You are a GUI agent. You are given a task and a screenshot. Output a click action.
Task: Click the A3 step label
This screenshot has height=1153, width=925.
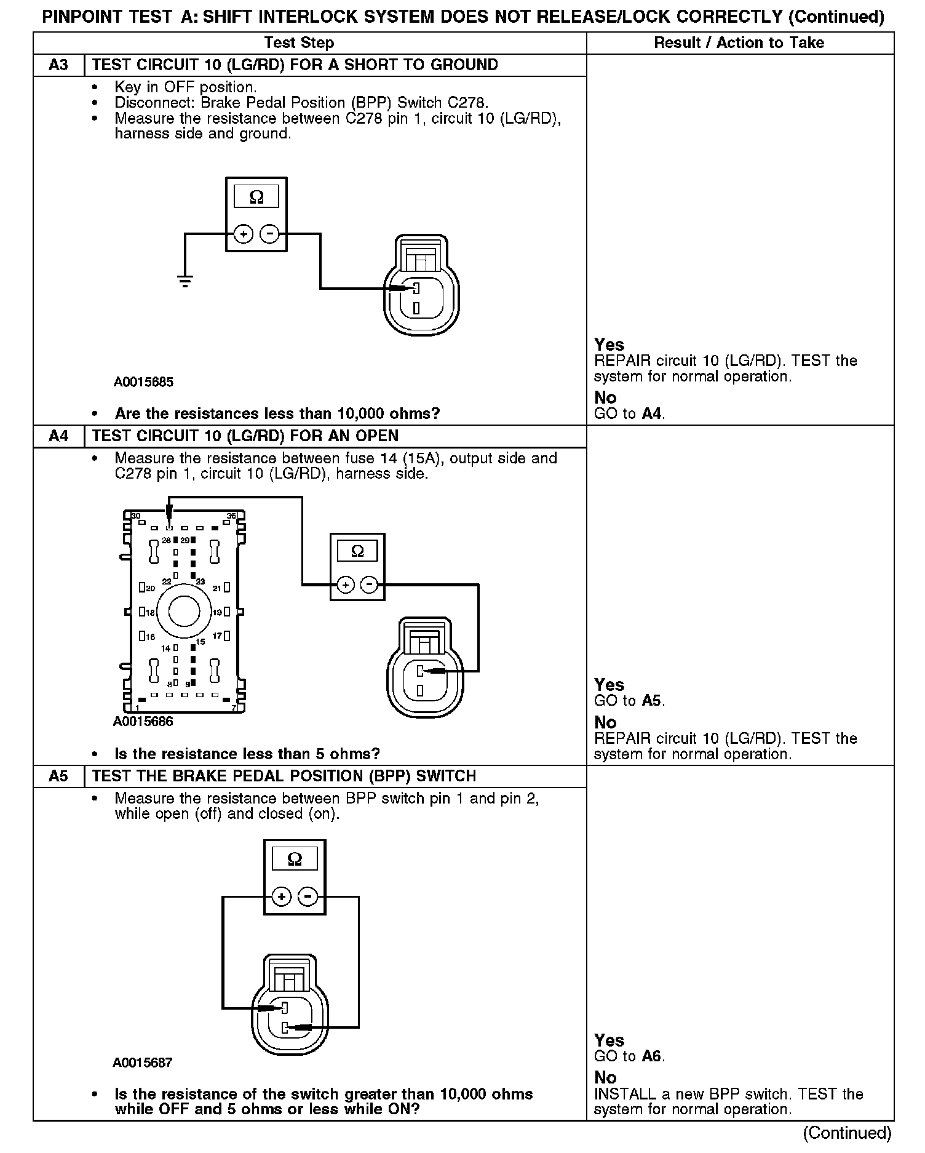(58, 65)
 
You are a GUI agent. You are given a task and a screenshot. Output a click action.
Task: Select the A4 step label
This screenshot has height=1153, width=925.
(58, 436)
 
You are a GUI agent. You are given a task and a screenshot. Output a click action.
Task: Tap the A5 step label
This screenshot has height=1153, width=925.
(58, 776)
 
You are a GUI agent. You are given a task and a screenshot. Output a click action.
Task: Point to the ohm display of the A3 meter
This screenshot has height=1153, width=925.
(256, 197)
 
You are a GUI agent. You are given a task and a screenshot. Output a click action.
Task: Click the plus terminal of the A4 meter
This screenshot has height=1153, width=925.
(346, 584)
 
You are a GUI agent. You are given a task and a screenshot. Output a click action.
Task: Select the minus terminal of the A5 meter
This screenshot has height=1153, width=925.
(308, 897)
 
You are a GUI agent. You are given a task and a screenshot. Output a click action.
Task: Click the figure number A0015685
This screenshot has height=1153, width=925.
(143, 382)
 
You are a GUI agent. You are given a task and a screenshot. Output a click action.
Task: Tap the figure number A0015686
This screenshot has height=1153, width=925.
(143, 722)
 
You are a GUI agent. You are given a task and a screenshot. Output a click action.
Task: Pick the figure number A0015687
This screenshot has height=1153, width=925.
(143, 1063)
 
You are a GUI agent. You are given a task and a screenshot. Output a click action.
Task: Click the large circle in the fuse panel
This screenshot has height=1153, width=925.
(183, 612)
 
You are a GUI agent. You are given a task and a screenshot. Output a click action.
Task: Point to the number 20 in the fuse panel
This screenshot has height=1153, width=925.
(150, 589)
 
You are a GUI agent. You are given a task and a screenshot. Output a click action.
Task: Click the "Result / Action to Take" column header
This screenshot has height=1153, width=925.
(739, 43)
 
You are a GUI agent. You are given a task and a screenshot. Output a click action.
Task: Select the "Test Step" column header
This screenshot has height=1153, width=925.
(299, 43)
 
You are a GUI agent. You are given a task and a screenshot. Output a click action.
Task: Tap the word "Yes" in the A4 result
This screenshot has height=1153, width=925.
(609, 685)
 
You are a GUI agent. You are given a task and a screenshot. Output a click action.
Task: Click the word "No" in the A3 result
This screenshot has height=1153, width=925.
(605, 397)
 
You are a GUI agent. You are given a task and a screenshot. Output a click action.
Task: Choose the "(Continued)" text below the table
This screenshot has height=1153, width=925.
(847, 1133)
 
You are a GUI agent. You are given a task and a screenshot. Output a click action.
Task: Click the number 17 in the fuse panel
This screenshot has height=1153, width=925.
(216, 636)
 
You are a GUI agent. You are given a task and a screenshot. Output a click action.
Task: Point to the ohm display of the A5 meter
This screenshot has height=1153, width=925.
(295, 859)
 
